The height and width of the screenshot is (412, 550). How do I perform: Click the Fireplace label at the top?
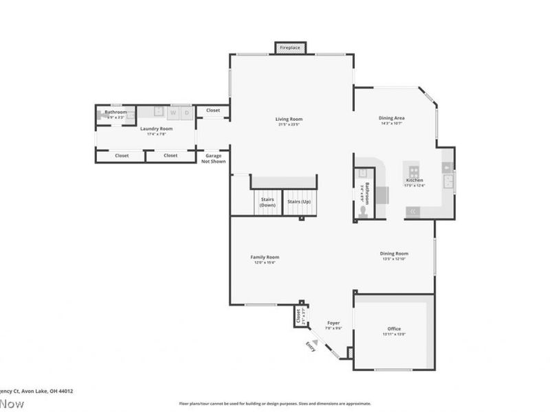tap(289, 48)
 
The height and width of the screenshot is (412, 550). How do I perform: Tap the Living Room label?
tap(289, 119)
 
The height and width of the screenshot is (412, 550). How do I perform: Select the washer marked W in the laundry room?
tap(173, 112)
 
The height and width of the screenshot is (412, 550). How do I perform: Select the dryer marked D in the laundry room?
tap(186, 112)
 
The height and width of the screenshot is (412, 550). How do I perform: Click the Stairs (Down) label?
tap(267, 203)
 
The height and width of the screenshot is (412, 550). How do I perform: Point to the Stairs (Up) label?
tap(299, 202)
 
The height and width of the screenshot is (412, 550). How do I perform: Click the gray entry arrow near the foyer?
tap(315, 342)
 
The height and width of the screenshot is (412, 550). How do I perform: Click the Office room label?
tap(394, 329)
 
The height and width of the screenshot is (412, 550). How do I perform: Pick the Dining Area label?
tap(390, 118)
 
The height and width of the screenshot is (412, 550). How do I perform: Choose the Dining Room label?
tap(394, 253)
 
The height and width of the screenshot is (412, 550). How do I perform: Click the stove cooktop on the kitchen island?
tap(414, 171)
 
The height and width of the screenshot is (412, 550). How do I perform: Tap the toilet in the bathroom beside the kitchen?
tap(364, 212)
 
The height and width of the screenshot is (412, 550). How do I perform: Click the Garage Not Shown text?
tap(212, 159)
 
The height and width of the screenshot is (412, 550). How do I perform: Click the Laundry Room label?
tap(156, 128)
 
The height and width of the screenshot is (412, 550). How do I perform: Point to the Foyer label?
tap(333, 323)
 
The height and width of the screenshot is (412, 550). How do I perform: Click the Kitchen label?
tap(414, 181)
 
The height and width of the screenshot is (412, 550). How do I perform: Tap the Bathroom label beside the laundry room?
tap(115, 112)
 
